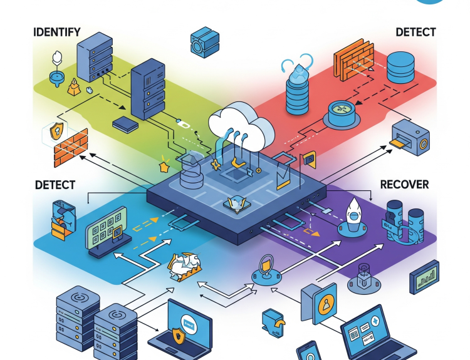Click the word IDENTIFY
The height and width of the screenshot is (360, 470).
coord(56,32)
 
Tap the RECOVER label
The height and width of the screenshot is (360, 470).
coord(404,184)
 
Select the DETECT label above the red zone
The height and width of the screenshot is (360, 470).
coord(415,32)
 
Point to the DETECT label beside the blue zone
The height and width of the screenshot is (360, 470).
coord(55,185)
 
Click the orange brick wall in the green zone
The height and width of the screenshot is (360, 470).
coord(70,148)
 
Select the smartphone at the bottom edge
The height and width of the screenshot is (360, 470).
coord(309,352)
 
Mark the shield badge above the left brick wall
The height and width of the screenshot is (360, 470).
coord(56,131)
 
